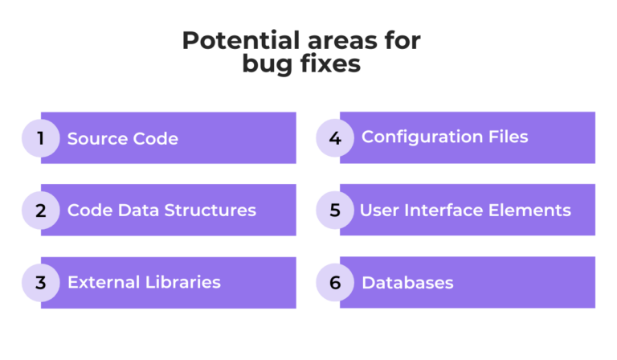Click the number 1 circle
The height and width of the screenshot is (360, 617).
pos(40,138)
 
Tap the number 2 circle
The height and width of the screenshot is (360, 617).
pos(40,211)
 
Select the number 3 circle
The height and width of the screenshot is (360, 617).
pos(40,283)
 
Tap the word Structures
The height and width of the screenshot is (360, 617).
pos(210,211)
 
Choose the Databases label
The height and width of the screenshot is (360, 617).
pos(407,283)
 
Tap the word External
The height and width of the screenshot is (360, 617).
pos(103,282)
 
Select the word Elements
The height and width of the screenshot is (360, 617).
pos(532,211)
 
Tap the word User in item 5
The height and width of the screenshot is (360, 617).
pos(378,211)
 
